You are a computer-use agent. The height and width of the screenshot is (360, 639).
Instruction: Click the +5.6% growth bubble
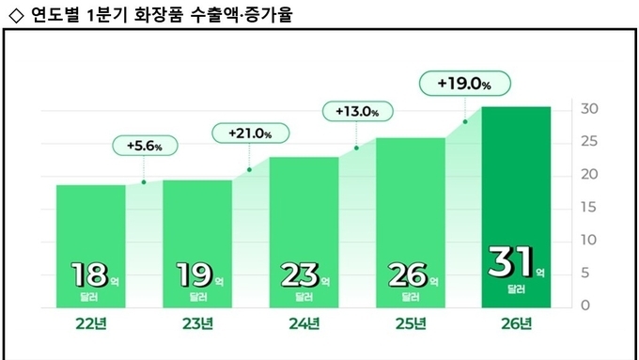144,146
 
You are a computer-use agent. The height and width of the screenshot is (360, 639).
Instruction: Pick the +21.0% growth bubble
249,133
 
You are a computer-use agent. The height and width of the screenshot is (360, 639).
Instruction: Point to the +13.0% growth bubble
356,112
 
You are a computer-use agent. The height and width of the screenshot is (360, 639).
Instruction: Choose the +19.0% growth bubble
464,84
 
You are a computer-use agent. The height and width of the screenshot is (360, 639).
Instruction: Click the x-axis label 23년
196,325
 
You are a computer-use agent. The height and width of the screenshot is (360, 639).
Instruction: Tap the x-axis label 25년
410,325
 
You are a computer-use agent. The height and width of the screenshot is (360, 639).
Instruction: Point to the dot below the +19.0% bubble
464,121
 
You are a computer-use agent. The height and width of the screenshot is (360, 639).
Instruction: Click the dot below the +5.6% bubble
144,182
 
